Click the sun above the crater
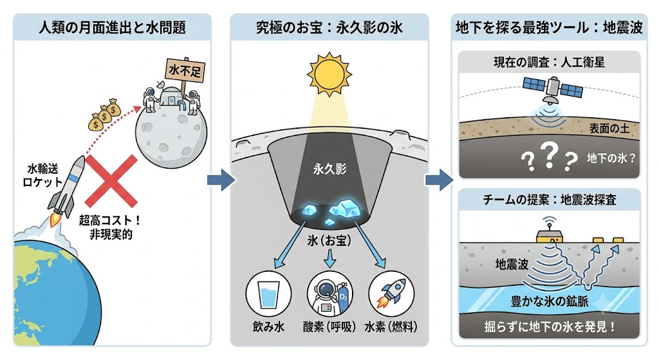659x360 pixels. [x=329, y=75]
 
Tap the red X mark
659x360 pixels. [x=111, y=181]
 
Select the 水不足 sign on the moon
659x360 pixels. [x=185, y=70]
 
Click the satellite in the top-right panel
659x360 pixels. [x=552, y=89]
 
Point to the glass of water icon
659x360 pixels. [x=268, y=294]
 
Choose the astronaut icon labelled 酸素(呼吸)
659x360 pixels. [x=330, y=294]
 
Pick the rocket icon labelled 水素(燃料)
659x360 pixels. [x=391, y=294]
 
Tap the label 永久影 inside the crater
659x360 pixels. [x=330, y=169]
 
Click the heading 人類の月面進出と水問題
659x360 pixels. [x=112, y=28]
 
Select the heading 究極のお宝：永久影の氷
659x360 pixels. [x=329, y=28]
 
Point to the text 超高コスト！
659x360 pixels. [x=110, y=220]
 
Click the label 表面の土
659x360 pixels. [x=609, y=129]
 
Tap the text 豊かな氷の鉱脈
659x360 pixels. [x=550, y=301]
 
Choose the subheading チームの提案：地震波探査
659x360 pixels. [x=550, y=200]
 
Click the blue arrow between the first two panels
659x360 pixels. [x=221, y=180]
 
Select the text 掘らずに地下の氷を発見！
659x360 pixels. [x=550, y=327]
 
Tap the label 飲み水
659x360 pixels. [x=268, y=327]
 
